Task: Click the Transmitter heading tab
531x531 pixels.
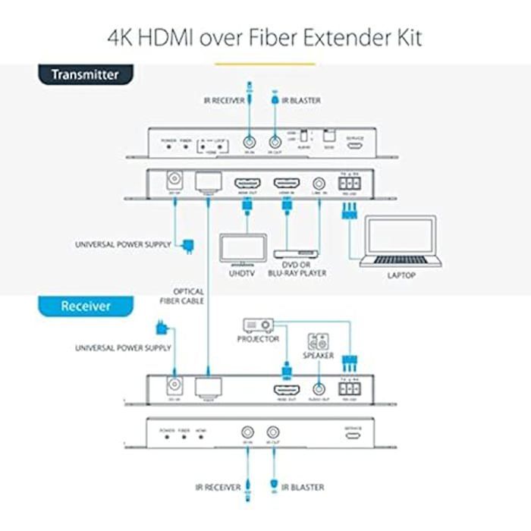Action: coord(85,75)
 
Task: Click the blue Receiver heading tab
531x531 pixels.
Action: coord(85,306)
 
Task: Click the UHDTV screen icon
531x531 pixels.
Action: coord(243,248)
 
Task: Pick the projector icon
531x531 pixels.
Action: coord(256,325)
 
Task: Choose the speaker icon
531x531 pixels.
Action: coord(317,342)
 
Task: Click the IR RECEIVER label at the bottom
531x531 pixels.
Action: coord(218,487)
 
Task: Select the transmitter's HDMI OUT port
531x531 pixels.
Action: coord(246,184)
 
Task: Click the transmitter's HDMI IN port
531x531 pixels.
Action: coord(287,184)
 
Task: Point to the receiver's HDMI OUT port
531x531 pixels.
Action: coord(286,389)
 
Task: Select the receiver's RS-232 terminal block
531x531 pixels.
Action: coord(350,388)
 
